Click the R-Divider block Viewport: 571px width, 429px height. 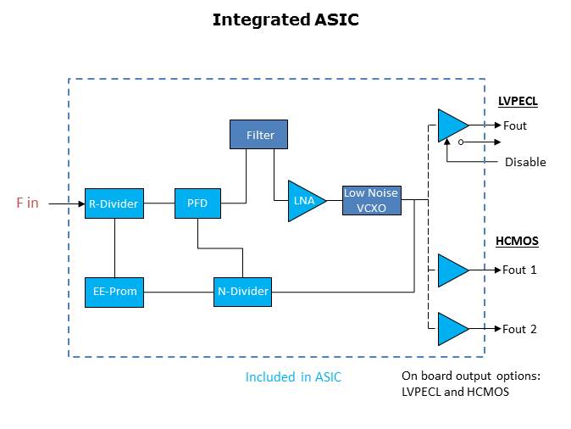(114, 203)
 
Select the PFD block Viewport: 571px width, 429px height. (197, 203)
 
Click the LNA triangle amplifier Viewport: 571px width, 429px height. (303, 201)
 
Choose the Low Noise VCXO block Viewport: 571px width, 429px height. (371, 200)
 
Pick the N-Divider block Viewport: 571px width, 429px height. (243, 292)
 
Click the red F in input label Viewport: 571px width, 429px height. (27, 203)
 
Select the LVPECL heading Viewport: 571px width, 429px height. (518, 101)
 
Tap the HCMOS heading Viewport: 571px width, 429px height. (517, 241)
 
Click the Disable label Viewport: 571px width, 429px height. (525, 162)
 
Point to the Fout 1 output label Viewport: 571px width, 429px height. (519, 270)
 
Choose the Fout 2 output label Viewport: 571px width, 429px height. (519, 329)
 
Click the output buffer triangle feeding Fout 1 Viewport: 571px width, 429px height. (451, 270)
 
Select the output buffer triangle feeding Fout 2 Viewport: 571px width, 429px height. (451, 329)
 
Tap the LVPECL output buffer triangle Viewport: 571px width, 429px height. (451, 125)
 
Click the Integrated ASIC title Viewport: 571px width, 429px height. (285, 19)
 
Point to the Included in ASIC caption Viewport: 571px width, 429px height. (293, 377)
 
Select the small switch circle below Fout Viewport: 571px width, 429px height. (460, 142)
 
